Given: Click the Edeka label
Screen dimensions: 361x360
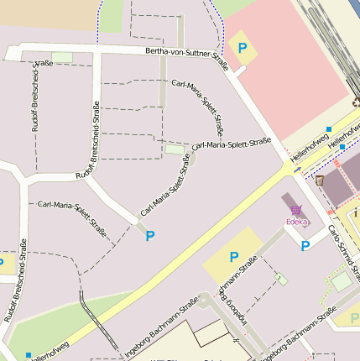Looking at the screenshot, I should click(x=296, y=222).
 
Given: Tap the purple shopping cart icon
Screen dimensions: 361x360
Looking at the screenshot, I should click(x=295, y=210).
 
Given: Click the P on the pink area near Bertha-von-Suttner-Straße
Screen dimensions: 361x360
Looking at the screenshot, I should click(x=243, y=48).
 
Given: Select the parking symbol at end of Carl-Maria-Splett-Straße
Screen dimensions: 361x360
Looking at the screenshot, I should click(x=150, y=236).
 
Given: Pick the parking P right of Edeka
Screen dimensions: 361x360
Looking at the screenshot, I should click(x=306, y=246).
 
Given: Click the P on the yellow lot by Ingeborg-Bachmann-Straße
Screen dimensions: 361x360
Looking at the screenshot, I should click(x=234, y=257).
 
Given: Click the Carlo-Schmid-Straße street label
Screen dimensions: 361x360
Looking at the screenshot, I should click(x=344, y=251).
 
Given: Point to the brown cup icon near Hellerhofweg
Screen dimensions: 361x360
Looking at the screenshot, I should click(x=320, y=180).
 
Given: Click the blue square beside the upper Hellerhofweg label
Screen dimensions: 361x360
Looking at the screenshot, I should click(x=328, y=129).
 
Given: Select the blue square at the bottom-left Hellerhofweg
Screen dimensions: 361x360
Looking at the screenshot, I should click(x=29, y=355).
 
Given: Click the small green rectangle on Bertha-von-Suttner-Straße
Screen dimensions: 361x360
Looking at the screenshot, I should click(x=62, y=57).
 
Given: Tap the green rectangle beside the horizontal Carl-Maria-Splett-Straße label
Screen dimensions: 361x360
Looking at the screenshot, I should click(x=174, y=149).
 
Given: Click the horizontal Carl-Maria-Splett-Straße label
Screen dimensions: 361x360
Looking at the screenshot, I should click(x=232, y=144).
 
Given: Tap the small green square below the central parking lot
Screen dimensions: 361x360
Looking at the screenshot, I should click(x=281, y=279).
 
